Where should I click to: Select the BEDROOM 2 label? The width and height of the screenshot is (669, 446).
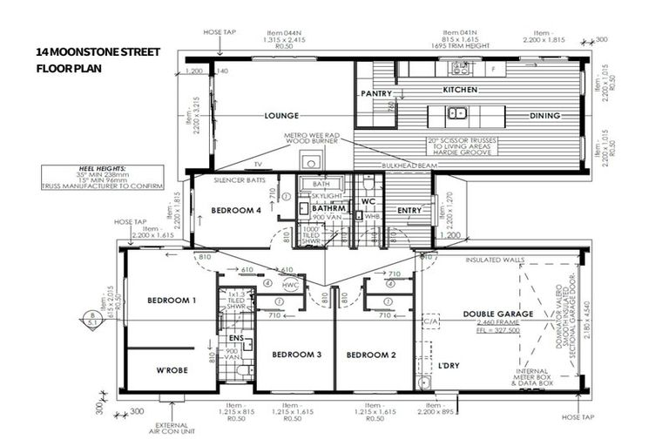pyautogui.click(x=370, y=355)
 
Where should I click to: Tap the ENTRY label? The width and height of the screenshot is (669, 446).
pyautogui.click(x=409, y=210)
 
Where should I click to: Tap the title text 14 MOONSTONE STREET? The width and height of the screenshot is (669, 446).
pyautogui.click(x=98, y=52)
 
